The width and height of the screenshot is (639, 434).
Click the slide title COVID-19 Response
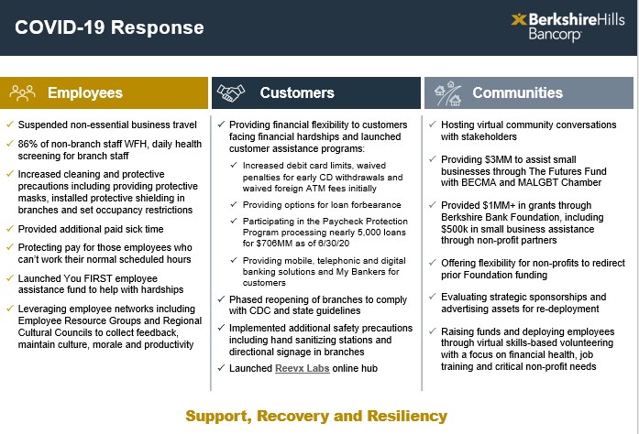click(x=110, y=27)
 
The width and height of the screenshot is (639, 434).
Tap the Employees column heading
click(x=85, y=93)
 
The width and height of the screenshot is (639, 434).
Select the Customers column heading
click(x=296, y=93)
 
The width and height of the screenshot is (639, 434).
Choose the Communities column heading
click(x=517, y=93)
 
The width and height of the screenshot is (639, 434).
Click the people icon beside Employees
click(x=22, y=92)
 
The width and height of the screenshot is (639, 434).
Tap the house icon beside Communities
click(x=446, y=92)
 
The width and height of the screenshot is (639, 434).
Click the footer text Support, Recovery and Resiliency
click(x=316, y=416)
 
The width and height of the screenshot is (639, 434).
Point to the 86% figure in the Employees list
click(x=29, y=143)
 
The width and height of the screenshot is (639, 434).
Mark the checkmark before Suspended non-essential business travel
click(x=9, y=124)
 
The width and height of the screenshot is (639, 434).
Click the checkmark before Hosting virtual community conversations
click(x=432, y=124)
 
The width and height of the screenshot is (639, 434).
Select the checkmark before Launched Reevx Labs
click(x=220, y=368)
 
